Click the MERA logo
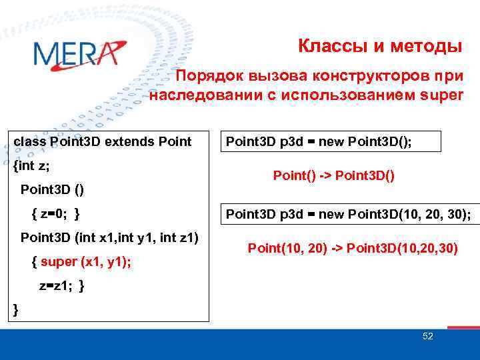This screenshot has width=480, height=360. pyautogui.click(x=79, y=53)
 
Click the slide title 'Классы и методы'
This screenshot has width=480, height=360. pyautogui.click(x=379, y=47)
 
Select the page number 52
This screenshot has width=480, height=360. pyautogui.click(x=427, y=337)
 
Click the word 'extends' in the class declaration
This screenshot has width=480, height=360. pyautogui.click(x=123, y=141)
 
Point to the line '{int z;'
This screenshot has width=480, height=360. pyautogui.click(x=31, y=165)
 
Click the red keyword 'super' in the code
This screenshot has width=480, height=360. pyautogui.click(x=59, y=262)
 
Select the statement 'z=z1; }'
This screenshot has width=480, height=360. pyautogui.click(x=61, y=286)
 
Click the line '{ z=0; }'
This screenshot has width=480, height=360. pyautogui.click(x=56, y=213)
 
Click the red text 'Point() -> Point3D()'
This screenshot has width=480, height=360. pyautogui.click(x=334, y=176)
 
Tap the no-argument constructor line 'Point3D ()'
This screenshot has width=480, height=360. pyautogui.click(x=53, y=189)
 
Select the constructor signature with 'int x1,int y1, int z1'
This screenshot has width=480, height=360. pyautogui.click(x=110, y=237)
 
